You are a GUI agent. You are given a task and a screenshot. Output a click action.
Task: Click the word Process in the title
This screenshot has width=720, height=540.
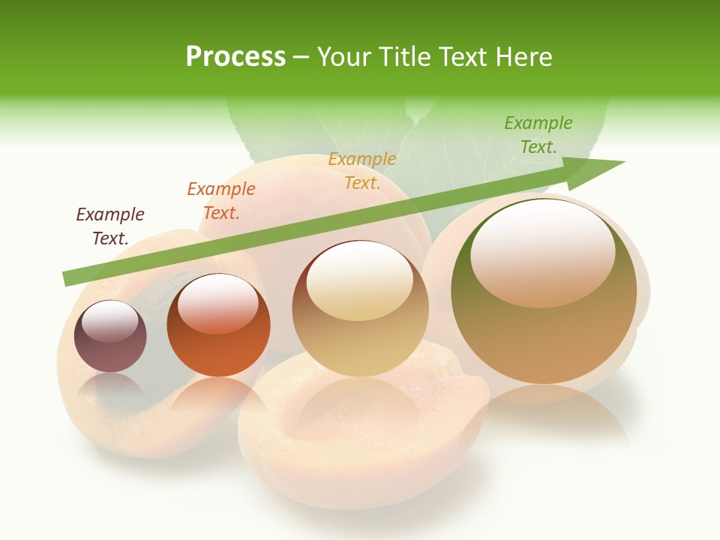[x=235, y=56]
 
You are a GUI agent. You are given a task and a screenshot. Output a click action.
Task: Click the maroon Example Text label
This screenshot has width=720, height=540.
[x=110, y=226]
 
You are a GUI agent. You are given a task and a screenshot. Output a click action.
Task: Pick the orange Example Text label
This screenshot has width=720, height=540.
[x=220, y=201]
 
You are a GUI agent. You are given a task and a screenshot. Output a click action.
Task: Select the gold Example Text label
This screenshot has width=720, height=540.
[x=362, y=170]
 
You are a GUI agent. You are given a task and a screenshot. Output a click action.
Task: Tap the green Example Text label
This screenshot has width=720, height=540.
[x=538, y=134]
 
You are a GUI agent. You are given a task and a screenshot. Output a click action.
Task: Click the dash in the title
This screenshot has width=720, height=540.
[x=301, y=56]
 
